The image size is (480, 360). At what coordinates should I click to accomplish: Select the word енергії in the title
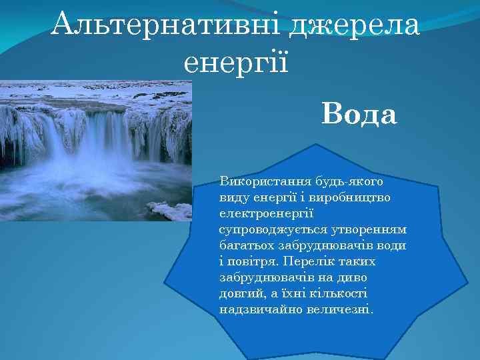[x=235, y=63]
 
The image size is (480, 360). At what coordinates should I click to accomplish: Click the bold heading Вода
[x=359, y=115]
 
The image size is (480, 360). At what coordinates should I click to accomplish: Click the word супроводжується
[x=269, y=229]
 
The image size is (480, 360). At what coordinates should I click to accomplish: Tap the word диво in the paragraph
[x=353, y=277]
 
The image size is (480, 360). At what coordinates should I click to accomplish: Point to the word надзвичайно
[x=256, y=309]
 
